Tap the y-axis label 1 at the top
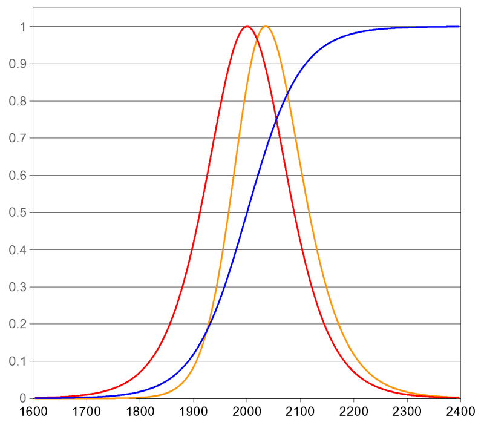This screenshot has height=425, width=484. point(22,27)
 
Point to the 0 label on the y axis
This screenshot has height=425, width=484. point(22,398)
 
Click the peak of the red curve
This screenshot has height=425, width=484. point(247,26)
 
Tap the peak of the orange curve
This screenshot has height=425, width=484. point(265,26)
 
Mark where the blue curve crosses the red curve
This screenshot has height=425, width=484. point(276,120)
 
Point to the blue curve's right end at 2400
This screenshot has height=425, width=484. point(459,27)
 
